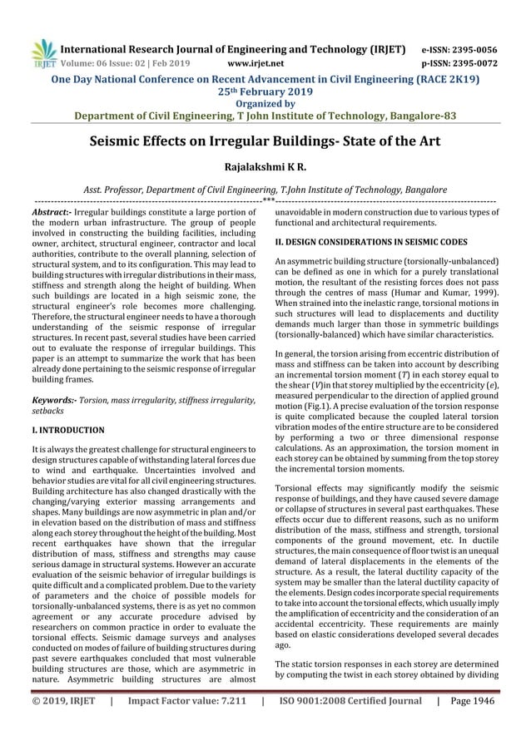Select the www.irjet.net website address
257,62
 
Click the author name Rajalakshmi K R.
265,166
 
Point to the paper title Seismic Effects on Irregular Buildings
265,141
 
